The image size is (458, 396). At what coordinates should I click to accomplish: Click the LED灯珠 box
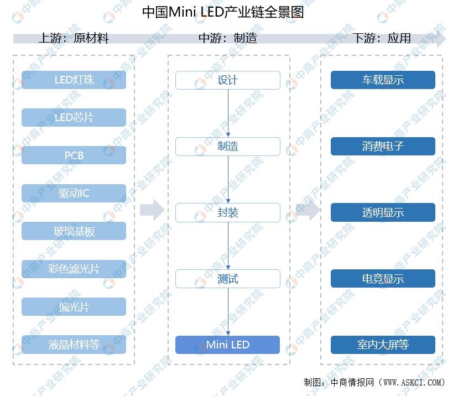click(74, 80)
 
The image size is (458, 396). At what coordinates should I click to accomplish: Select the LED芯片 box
click(74, 117)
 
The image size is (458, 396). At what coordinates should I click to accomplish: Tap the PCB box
click(74, 155)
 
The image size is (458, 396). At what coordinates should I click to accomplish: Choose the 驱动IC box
click(74, 193)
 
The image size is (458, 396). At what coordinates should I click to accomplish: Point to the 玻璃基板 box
click(74, 231)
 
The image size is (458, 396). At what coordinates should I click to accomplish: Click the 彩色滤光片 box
click(74, 269)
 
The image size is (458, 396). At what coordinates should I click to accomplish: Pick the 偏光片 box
click(74, 306)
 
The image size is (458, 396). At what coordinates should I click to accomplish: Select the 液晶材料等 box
click(74, 345)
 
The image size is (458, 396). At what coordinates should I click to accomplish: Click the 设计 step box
click(228, 80)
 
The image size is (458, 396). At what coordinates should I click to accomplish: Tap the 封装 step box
click(228, 212)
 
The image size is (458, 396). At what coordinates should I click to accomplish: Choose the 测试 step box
click(228, 279)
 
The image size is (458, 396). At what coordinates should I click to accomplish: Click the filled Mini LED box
click(228, 345)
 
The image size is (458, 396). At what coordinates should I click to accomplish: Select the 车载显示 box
click(383, 80)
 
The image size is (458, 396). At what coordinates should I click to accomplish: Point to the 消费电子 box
click(383, 146)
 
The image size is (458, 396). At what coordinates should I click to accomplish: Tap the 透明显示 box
click(383, 212)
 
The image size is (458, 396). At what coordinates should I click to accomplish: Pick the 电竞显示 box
click(383, 279)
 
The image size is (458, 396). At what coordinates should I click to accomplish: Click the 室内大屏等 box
click(383, 345)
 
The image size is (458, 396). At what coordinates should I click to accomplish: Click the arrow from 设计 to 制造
click(228, 113)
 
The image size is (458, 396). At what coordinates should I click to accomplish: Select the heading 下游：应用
click(382, 38)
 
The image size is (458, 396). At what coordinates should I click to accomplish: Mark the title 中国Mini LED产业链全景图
click(223, 12)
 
